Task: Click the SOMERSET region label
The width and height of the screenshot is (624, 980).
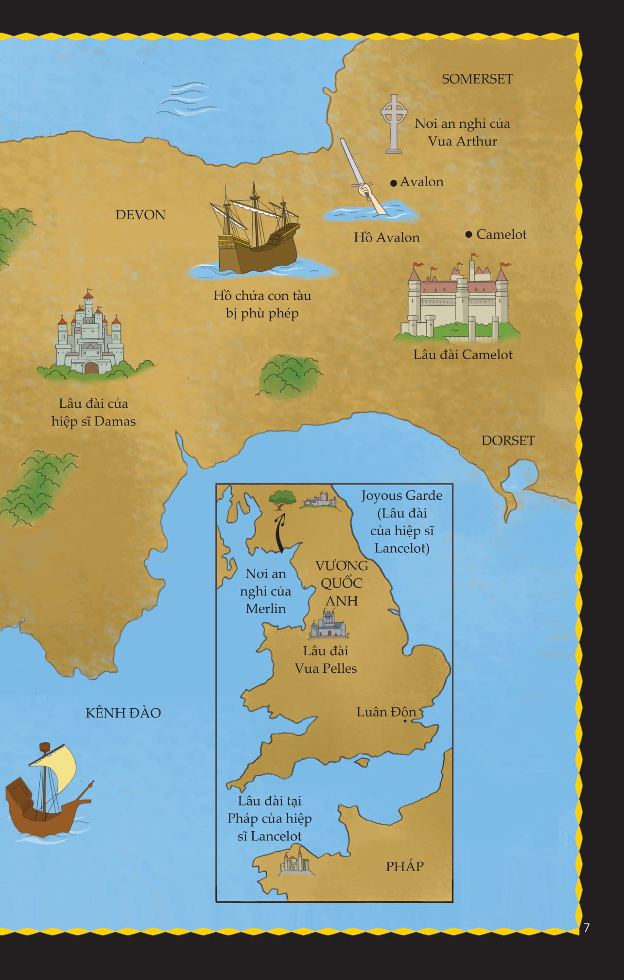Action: pos(477,79)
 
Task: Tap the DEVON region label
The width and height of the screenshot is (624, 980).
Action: pos(140,215)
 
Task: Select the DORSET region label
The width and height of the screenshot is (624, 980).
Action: pos(508,440)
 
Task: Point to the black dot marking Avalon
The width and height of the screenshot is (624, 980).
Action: pos(394,183)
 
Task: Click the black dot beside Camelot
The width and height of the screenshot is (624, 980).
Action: pos(468,234)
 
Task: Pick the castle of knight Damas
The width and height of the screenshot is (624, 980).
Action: pos(90,335)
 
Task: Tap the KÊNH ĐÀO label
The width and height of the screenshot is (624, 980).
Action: pos(123,713)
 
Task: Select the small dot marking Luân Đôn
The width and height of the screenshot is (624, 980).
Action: pos(405,721)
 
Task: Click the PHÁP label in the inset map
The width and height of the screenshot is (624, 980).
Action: pos(404,866)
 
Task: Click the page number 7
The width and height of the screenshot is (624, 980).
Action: pos(587,928)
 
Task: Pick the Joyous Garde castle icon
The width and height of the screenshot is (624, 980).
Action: pos(319,499)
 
